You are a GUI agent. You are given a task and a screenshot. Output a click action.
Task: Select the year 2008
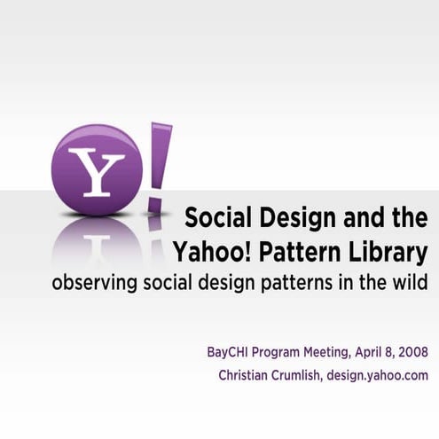[x=414, y=353]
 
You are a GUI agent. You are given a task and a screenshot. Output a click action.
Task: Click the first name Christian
[x=245, y=375]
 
